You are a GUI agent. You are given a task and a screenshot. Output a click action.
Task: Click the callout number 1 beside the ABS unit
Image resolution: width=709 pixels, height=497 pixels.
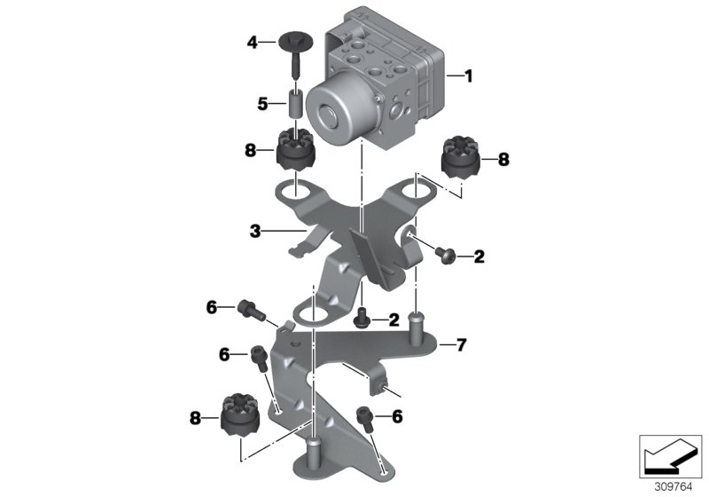click(469, 77)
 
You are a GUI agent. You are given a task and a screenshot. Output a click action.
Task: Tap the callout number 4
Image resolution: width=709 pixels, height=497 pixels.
click(252, 41)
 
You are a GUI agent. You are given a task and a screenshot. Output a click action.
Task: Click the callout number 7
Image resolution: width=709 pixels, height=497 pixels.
click(461, 343)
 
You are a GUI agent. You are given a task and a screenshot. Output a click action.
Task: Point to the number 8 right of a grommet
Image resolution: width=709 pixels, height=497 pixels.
click(503, 161)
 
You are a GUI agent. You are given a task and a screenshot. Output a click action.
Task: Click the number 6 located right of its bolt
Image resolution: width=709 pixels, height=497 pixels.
click(397, 415)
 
